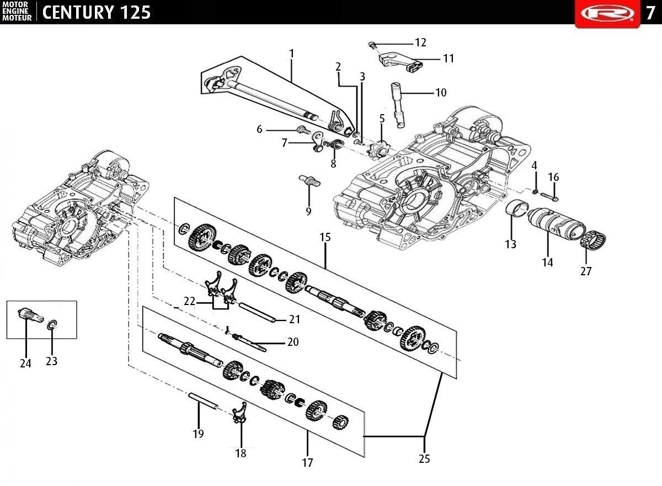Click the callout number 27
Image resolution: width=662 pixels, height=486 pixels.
tap(586, 271)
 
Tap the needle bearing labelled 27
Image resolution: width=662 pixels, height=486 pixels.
tap(594, 241)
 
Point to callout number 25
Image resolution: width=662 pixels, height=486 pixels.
tap(424, 459)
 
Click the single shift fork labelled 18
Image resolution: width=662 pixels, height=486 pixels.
tap(239, 413)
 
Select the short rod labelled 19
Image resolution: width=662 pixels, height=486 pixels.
tap(204, 401)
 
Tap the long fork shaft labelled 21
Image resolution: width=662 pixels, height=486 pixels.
tap(257, 312)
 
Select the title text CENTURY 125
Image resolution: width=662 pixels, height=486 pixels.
tap(97, 12)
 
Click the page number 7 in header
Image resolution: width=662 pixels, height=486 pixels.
tap(650, 13)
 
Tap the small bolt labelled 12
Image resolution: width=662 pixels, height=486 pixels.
tap(372, 45)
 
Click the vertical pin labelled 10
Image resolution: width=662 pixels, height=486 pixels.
tap(398, 105)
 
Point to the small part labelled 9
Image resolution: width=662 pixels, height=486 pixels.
tap(309, 180)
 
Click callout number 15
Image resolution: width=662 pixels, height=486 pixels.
tap(325, 237)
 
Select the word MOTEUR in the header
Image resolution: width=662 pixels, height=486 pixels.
tap(17, 18)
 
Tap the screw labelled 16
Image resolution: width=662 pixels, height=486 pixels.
tap(550, 197)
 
